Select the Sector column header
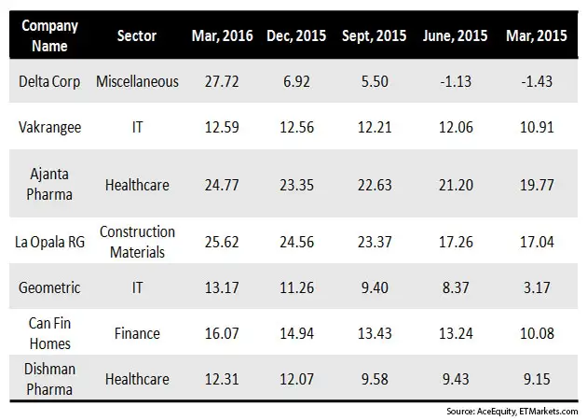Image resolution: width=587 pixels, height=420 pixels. click(137, 35)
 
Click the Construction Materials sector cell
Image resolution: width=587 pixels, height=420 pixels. click(137, 240)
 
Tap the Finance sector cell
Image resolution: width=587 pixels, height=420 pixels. click(137, 332)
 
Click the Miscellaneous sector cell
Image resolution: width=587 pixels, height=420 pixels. click(137, 82)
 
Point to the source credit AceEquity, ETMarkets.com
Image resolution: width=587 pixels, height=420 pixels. click(513, 411)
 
